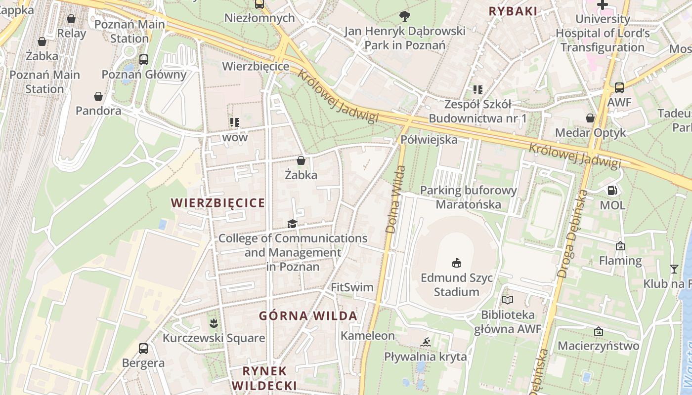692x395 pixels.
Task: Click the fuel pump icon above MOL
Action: (612, 191)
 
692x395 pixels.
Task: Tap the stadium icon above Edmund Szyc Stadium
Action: (456, 263)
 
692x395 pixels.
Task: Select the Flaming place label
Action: (620, 260)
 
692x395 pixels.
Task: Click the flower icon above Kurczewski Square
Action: (214, 324)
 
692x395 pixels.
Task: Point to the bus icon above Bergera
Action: (143, 349)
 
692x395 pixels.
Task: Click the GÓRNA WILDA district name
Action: (308, 316)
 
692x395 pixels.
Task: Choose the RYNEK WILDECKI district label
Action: (264, 378)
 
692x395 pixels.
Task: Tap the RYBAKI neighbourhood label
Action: (513, 11)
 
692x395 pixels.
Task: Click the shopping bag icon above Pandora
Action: (98, 96)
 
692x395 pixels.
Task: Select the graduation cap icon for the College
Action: (293, 224)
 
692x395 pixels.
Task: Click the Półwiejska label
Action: (429, 140)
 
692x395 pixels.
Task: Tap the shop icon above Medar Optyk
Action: (590, 118)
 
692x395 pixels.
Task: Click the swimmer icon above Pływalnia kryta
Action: (426, 342)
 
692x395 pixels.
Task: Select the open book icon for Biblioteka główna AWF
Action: (508, 300)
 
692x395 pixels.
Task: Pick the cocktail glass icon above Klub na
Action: (674, 269)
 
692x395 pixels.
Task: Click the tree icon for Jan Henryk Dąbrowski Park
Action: (405, 16)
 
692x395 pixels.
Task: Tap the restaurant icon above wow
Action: (235, 122)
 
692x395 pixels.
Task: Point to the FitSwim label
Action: (352, 287)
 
